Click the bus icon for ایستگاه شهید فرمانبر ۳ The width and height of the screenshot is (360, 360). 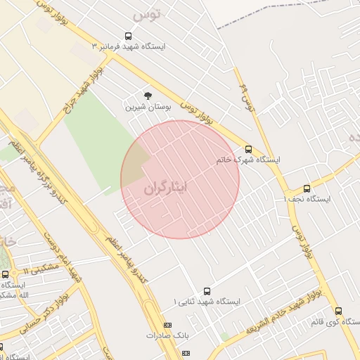coord(128,36)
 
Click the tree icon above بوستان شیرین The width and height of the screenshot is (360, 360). coord(148,96)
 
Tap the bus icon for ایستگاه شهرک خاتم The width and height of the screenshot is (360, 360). coord(248,149)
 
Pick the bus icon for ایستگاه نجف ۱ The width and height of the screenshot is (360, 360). coord(307,188)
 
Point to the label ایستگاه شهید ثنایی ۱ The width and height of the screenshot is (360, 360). coord(207,302)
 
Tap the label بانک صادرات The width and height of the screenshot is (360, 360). coord(168,335)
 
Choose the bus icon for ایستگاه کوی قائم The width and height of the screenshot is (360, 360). coord(338,311)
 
